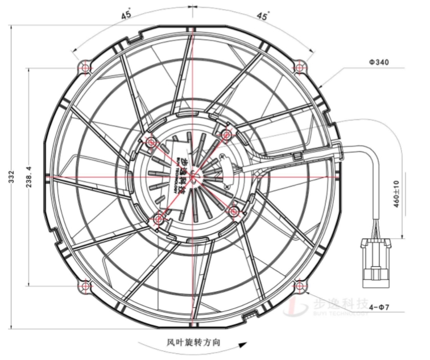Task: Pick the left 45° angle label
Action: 126,15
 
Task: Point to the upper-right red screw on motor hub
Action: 226,134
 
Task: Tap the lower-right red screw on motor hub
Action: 234,210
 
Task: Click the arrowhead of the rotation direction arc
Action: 245,344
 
